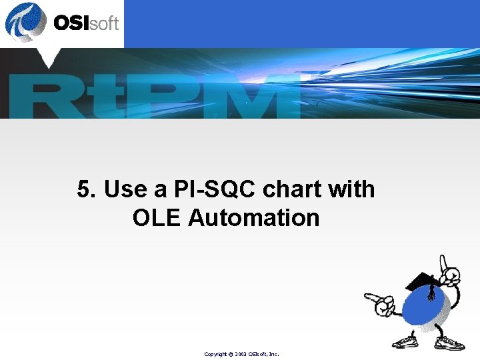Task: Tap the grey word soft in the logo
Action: pos(103,23)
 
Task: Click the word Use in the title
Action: pos(127,190)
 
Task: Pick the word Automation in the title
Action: pos(254,218)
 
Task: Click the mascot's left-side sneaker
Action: pos(405,341)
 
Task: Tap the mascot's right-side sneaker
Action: pos(451,342)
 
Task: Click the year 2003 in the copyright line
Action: pos(241,354)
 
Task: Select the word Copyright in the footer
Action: pos(216,354)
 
